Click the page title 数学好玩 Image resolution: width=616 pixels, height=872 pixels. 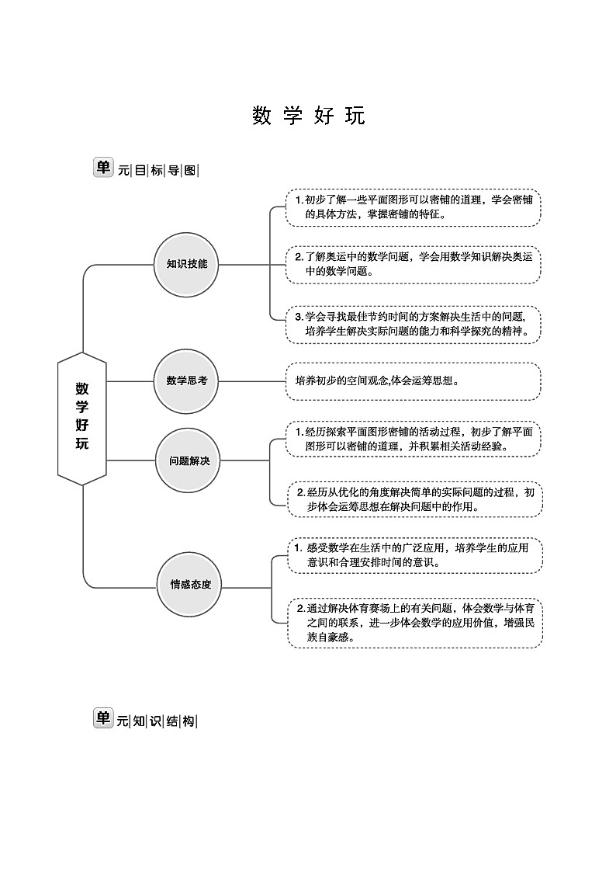tap(308, 116)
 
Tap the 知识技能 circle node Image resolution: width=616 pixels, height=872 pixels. tap(187, 264)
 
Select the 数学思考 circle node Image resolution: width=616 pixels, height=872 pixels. tap(187, 381)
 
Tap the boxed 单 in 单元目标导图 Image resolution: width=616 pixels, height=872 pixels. tap(103, 168)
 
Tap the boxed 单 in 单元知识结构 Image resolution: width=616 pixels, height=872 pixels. tap(103, 718)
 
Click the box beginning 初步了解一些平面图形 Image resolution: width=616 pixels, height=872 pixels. tap(413, 207)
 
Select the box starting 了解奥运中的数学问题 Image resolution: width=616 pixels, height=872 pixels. tap(413, 265)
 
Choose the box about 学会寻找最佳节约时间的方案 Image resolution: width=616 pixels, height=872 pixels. tap(413, 324)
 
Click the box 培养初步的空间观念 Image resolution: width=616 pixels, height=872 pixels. tap(413, 381)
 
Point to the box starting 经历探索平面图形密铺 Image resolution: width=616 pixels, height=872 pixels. tap(413, 439)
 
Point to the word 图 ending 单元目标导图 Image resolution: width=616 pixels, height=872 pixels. tap(191, 171)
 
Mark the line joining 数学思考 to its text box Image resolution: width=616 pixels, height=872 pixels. tap(253, 381)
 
